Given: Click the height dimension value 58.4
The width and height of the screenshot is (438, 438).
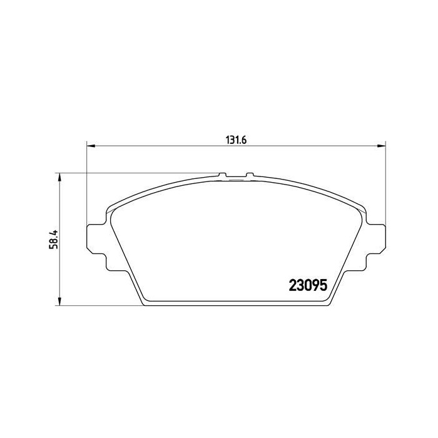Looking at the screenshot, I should pos(54,240).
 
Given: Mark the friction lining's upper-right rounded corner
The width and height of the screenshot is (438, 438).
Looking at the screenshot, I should pos(357,210).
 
